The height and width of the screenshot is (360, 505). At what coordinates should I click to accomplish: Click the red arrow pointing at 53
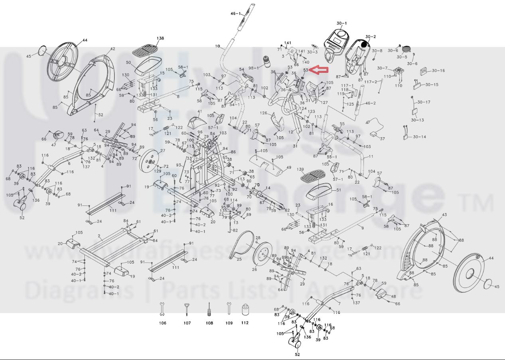[319, 71]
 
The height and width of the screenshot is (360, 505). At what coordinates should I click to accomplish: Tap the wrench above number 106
[162, 309]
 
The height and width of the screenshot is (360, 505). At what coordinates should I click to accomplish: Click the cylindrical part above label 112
[245, 310]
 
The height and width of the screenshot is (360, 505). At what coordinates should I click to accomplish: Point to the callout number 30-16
[438, 71]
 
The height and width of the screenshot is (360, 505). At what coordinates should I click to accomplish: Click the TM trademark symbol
[482, 204]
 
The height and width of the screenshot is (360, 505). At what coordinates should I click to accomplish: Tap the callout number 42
[112, 49]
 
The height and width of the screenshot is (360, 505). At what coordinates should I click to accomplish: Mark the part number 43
[445, 215]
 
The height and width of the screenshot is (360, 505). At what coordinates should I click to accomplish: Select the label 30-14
[419, 137]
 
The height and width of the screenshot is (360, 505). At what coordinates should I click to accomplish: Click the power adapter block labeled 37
[375, 134]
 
